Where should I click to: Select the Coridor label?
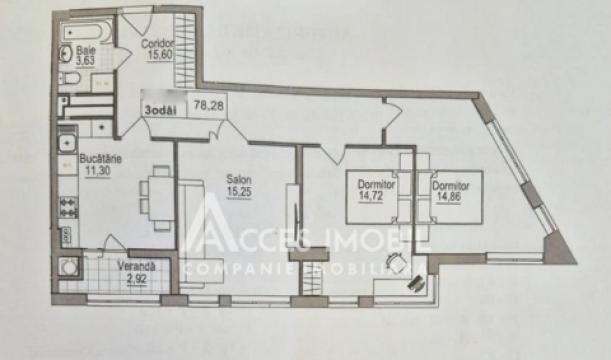(157, 44)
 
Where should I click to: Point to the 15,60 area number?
(156, 55)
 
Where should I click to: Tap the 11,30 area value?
(97, 169)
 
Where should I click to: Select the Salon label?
(238, 179)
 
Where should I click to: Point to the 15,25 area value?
(238, 190)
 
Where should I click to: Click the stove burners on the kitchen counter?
(69, 208)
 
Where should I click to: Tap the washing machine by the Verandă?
(68, 268)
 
